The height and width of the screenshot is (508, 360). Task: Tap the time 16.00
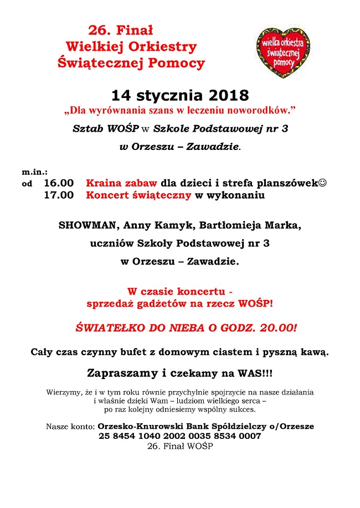[x=59, y=183]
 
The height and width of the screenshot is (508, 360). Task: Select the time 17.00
[x=59, y=195]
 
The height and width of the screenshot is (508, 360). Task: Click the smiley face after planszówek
[x=322, y=183]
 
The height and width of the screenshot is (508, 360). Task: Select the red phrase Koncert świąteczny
[x=138, y=195]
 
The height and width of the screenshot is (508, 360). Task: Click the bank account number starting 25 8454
[x=180, y=436]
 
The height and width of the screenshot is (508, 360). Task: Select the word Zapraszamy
[x=122, y=374]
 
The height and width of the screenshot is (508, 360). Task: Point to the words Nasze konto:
[x=70, y=427]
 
